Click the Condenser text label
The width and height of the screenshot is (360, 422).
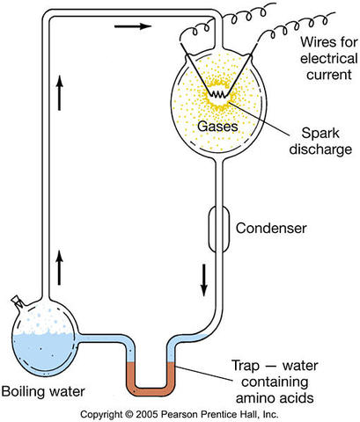[271, 229]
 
